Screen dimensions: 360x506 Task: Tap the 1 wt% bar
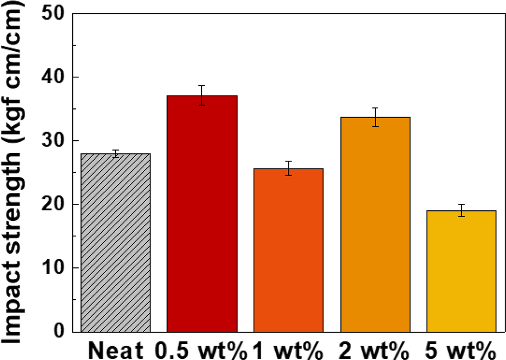289,251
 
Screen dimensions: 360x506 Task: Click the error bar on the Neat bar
116,153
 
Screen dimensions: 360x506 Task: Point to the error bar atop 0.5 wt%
202,95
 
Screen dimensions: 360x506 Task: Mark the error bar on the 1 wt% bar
289,168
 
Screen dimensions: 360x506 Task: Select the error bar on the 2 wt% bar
375,117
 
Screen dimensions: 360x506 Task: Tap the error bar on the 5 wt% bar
462,210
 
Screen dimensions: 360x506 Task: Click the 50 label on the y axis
54,14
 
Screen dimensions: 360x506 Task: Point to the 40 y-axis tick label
54,77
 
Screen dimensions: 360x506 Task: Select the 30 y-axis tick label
54,141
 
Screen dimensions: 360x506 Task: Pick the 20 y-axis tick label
54,205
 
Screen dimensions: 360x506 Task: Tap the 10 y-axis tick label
54,268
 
